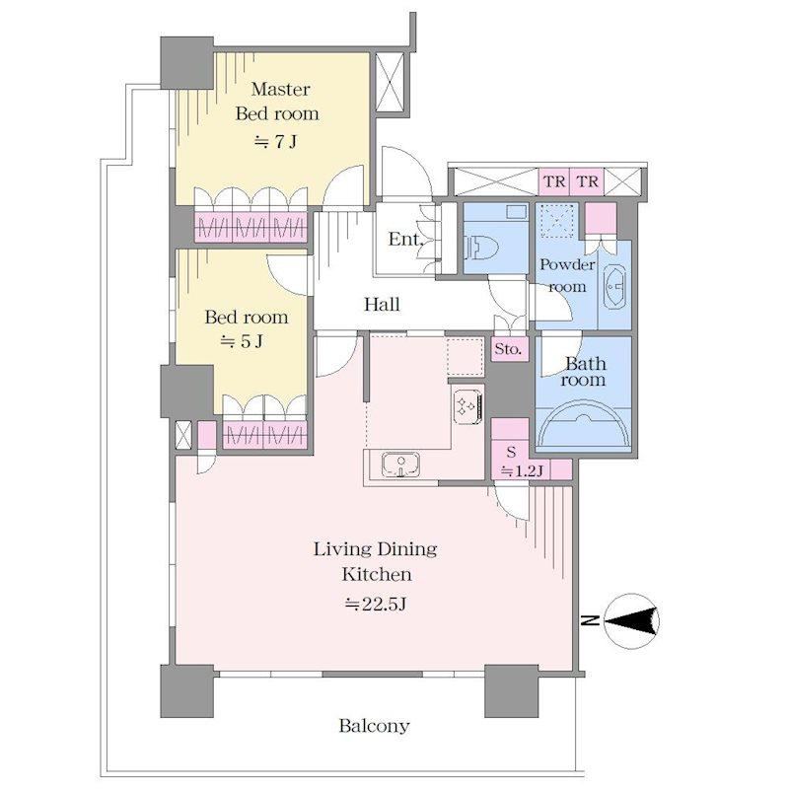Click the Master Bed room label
click(x=277, y=102)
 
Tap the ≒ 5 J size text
click(x=242, y=341)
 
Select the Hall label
click(x=382, y=304)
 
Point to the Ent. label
click(x=404, y=239)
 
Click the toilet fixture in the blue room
click(x=482, y=249)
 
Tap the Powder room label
click(x=567, y=275)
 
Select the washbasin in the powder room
click(x=614, y=288)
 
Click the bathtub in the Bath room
click(x=583, y=423)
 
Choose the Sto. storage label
click(x=508, y=349)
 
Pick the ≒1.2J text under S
click(x=522, y=471)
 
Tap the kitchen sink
click(x=400, y=464)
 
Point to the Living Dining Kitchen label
click(x=376, y=561)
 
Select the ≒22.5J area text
click(x=376, y=604)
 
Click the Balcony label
click(x=374, y=726)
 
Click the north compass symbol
click(x=631, y=621)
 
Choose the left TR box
click(x=554, y=181)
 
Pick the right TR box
click(x=587, y=181)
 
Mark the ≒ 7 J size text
click(x=275, y=142)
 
